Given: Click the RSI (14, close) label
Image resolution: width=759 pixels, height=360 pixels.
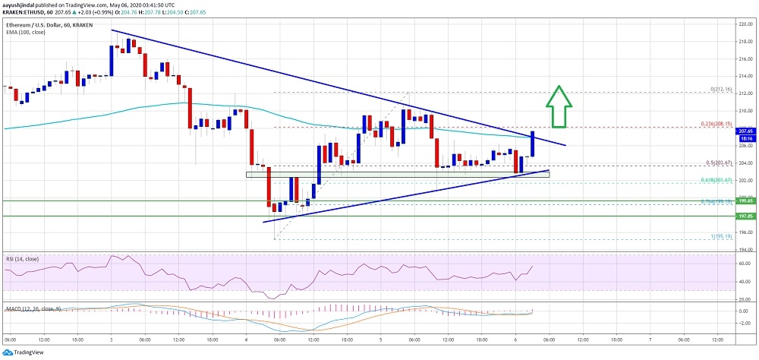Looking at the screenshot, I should (x=23, y=258).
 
